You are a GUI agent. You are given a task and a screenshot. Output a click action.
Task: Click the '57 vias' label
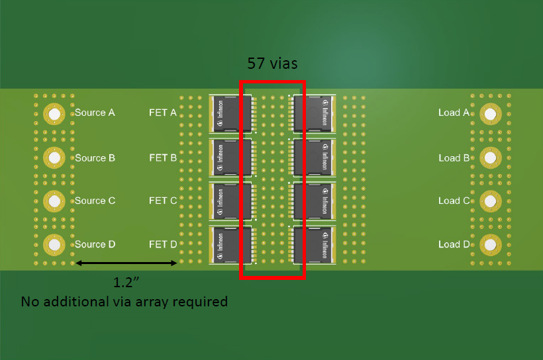pyautogui.click(x=272, y=64)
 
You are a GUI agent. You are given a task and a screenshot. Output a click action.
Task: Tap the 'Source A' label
pyautogui.click(x=95, y=112)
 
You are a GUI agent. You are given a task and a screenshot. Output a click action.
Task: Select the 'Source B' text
pyautogui.click(x=95, y=158)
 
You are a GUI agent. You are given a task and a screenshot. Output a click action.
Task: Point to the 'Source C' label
pyautogui.click(x=95, y=201)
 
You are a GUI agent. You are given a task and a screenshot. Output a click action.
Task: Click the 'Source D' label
pyautogui.click(x=95, y=244)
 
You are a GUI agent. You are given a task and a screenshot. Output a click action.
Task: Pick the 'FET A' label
pyautogui.click(x=163, y=112)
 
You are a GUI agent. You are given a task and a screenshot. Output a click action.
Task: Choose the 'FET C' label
pyautogui.click(x=163, y=201)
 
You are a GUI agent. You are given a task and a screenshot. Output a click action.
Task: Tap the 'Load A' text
pyautogui.click(x=454, y=112)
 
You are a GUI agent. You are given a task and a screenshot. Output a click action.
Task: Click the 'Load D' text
pyautogui.click(x=454, y=245)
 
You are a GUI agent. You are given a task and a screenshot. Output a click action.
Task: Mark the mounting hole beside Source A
pyautogui.click(x=54, y=114)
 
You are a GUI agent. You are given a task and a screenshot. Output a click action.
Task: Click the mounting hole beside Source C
pyautogui.click(x=54, y=201)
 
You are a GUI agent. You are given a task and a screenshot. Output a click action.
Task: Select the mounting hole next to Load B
pyautogui.click(x=490, y=157)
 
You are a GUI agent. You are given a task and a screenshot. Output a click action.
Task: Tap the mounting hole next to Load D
pyautogui.click(x=490, y=245)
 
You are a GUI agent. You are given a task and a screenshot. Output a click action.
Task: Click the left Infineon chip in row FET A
pyautogui.click(x=230, y=113)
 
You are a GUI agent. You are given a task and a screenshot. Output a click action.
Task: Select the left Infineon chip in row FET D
pyautogui.click(x=230, y=245)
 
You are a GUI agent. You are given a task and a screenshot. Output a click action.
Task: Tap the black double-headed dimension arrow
pyautogui.click(x=126, y=263)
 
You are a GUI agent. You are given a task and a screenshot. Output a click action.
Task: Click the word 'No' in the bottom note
pyautogui.click(x=30, y=302)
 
